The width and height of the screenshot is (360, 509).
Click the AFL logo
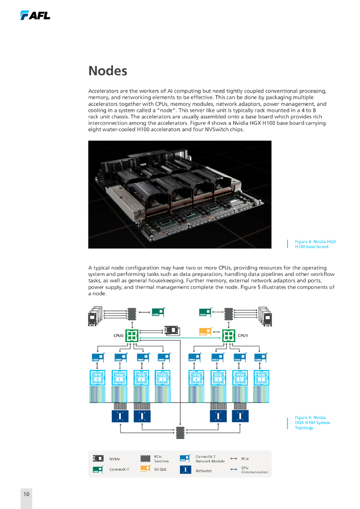click(35, 16)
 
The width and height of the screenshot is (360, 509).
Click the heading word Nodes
click(107, 71)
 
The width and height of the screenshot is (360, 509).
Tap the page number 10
click(26, 494)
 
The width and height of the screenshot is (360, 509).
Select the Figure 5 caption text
click(312, 423)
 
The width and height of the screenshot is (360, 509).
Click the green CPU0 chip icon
click(132, 336)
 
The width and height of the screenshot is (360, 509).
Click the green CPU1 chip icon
click(229, 336)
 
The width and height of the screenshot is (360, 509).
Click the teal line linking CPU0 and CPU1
click(180, 339)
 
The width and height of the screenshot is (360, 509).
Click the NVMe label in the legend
click(114, 459)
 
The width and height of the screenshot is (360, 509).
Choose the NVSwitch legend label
click(203, 470)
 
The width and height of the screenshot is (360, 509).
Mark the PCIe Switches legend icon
click(145, 458)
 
